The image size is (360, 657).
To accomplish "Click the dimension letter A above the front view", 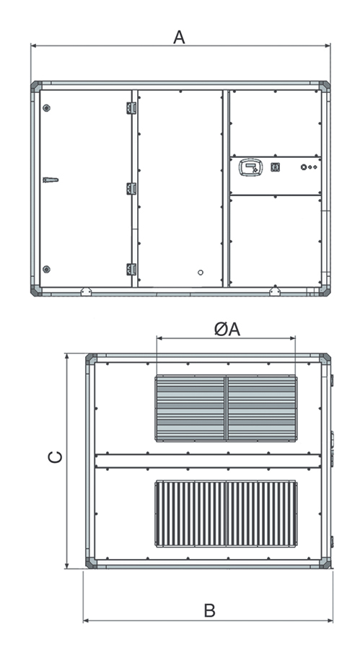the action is click(x=179, y=37).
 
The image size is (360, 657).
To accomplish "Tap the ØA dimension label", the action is click(x=227, y=330).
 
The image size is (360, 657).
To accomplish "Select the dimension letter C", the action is click(x=56, y=457).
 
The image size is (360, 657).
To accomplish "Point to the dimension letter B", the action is click(x=209, y=611).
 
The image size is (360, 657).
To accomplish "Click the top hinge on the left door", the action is click(x=131, y=107).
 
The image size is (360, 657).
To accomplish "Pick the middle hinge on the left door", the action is click(x=131, y=188).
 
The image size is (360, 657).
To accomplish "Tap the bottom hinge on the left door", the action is click(x=131, y=270).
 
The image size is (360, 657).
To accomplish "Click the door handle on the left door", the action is click(x=51, y=180).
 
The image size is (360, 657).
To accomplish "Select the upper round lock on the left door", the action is click(x=46, y=108).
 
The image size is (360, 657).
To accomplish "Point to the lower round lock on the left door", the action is click(x=46, y=269).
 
